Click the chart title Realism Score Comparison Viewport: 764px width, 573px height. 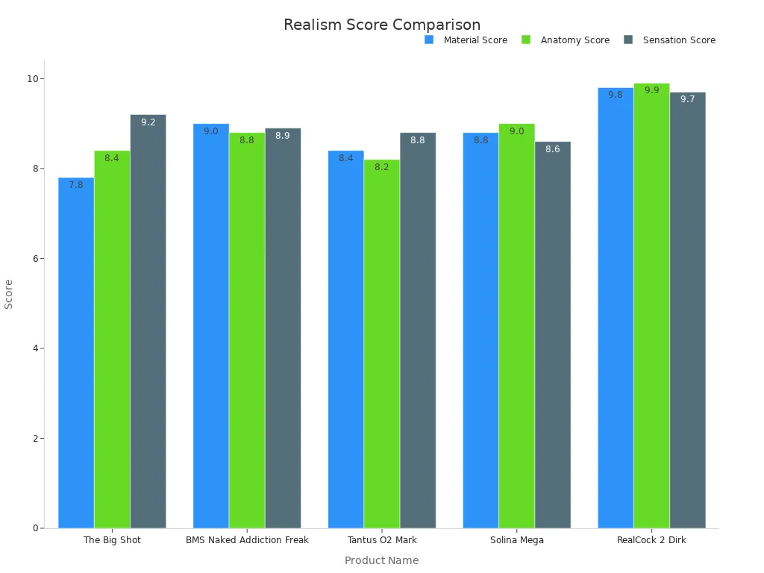coord(382,25)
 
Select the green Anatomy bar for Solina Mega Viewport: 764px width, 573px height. coord(516,328)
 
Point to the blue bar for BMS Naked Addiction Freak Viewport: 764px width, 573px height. coord(211,328)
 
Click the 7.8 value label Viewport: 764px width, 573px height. coord(76,185)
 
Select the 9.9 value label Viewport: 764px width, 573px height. coord(651,90)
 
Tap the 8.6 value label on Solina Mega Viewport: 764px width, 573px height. coord(552,149)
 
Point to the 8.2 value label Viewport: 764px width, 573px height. coord(381,167)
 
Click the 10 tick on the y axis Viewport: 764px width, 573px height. coord(33,79)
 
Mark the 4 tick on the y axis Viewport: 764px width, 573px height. coord(35,348)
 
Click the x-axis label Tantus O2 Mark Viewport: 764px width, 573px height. coord(382,540)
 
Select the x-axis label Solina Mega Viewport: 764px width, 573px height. coord(516,540)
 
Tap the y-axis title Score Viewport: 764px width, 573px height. coord(9,294)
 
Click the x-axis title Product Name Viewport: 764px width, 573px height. coord(381,561)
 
